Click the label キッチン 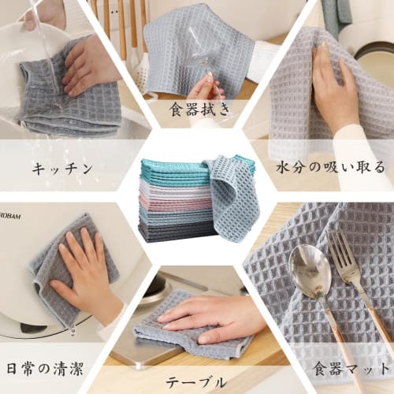pos(62,168)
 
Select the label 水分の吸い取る pos(331,167)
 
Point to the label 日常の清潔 pos(45,367)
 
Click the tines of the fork pos(340,252)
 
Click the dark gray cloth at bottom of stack pos(169,231)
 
